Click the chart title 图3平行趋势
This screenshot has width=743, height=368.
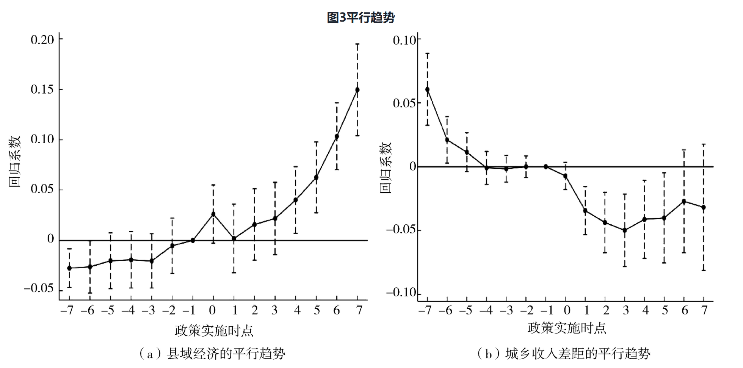pyautogui.click(x=361, y=17)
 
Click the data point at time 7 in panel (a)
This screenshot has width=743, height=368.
pyautogui.click(x=357, y=90)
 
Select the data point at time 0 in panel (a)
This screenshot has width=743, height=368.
pyautogui.click(x=213, y=214)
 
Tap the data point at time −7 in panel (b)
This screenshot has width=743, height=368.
pyautogui.click(x=427, y=90)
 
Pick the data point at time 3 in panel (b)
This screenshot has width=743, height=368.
pyautogui.click(x=625, y=230)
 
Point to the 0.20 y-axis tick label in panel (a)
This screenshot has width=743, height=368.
pyautogui.click(x=42, y=39)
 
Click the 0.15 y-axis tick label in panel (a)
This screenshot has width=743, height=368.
pyautogui.click(x=42, y=89)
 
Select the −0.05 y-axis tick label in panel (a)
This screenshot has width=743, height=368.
pyautogui.click(x=39, y=288)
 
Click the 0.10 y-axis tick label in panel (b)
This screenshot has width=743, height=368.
pyautogui.click(x=404, y=40)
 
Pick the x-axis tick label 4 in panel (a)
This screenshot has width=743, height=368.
pyautogui.click(x=297, y=310)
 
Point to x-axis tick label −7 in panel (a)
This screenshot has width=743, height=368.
pyautogui.click(x=67, y=310)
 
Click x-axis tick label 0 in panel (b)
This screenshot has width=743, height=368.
pyautogui.click(x=567, y=310)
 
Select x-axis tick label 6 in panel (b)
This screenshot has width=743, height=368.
pyautogui.click(x=685, y=310)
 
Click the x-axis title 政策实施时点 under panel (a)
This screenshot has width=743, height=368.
pyautogui.click(x=214, y=330)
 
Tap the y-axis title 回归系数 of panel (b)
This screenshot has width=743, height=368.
pyautogui.click(x=386, y=168)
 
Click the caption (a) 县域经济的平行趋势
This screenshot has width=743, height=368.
pyautogui.click(x=212, y=354)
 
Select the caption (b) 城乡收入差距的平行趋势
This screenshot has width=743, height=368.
pyautogui.click(x=564, y=354)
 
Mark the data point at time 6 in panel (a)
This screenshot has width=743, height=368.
pyautogui.click(x=337, y=136)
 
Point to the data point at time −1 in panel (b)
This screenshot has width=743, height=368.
pyautogui.click(x=546, y=166)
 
